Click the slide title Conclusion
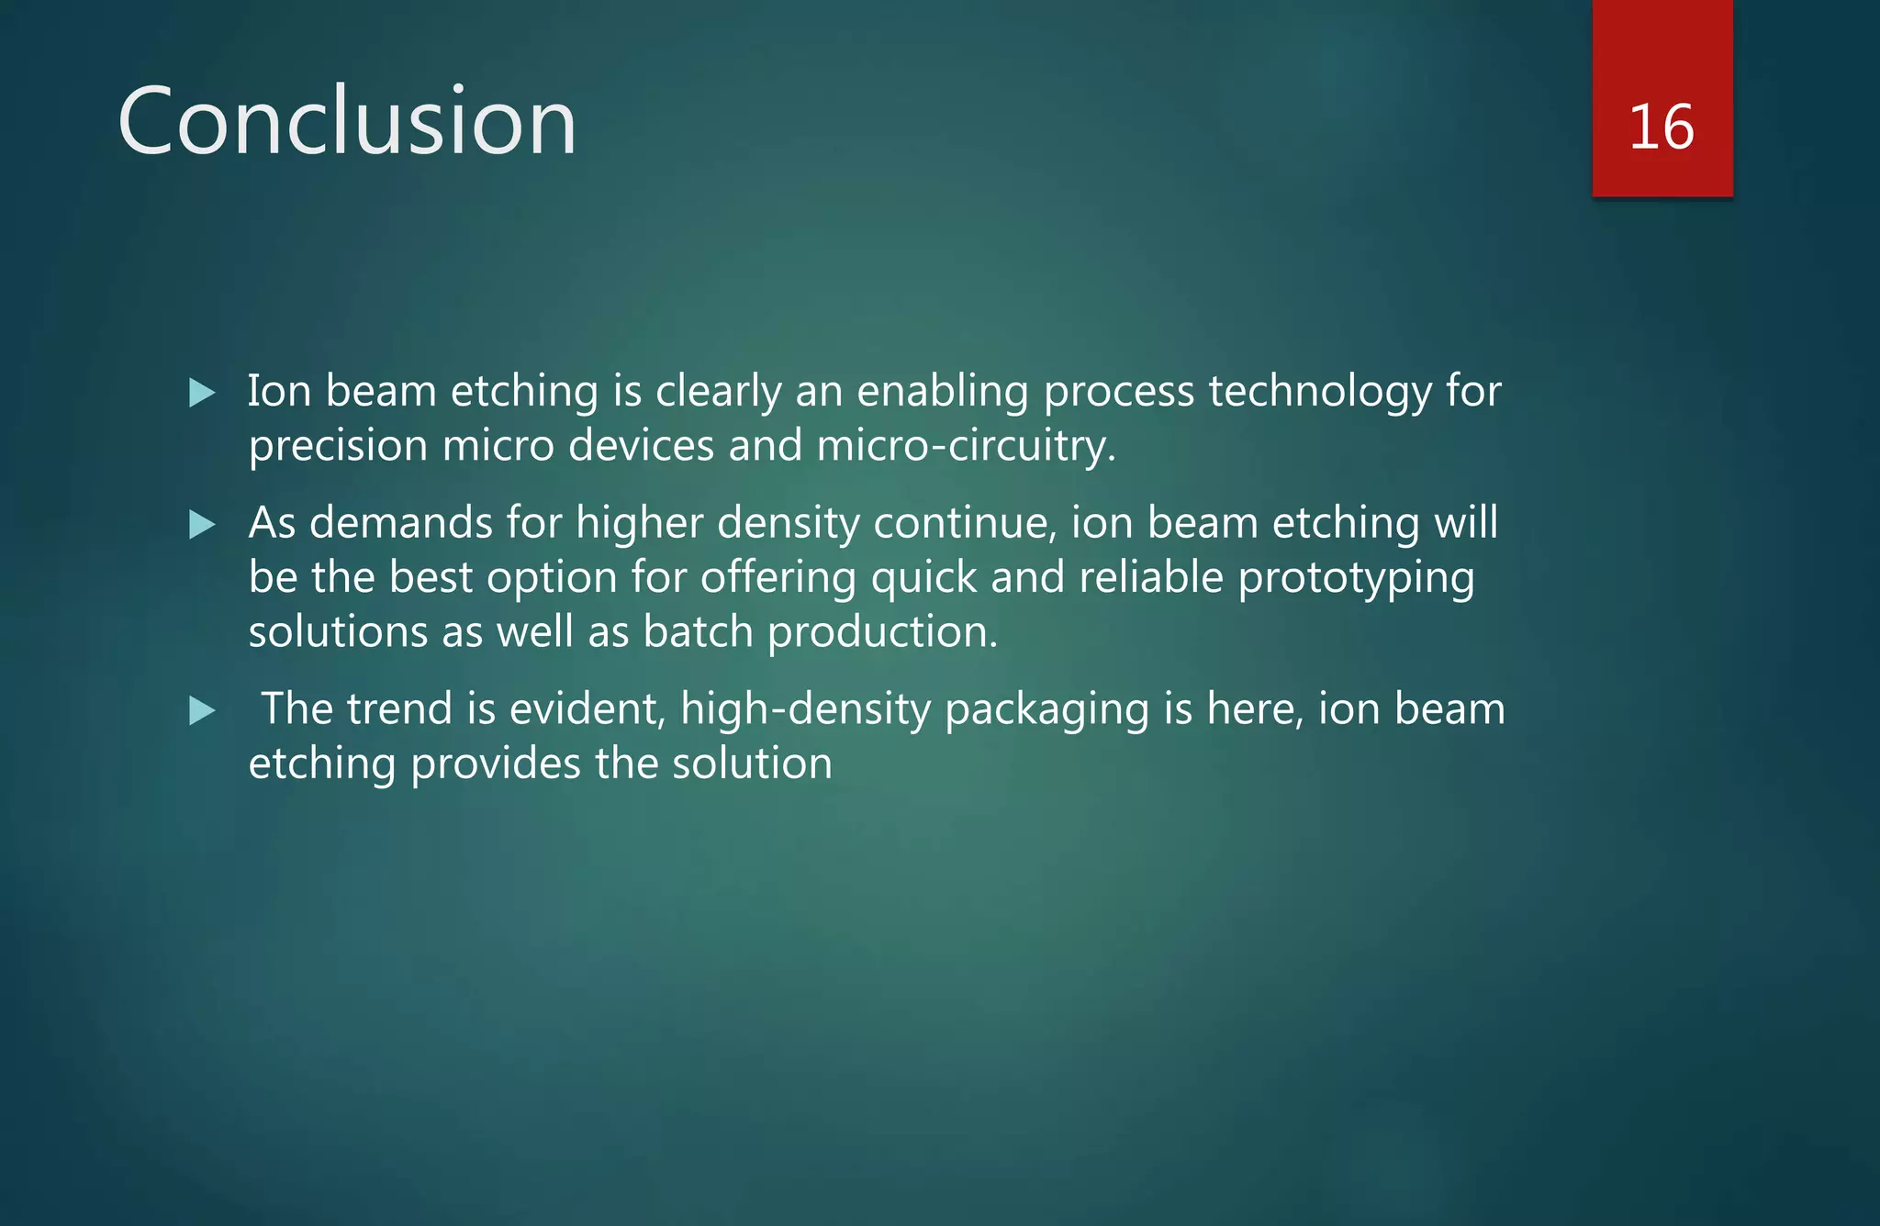pos(347,121)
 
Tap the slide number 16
pos(1662,127)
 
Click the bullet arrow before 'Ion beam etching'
pos(201,394)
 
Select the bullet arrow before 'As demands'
pos(201,525)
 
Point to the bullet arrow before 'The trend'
pos(201,710)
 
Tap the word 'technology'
pos(1320,393)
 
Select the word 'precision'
pos(338,447)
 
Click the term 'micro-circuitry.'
pos(966,446)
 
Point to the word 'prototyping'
pos(1356,579)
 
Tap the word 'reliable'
pos(1151,578)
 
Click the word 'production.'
pos(882,632)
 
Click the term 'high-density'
pos(806,710)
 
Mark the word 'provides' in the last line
pos(496,764)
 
